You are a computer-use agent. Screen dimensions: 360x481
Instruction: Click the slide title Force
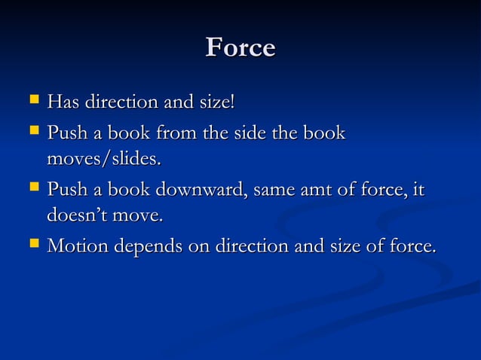click(x=240, y=47)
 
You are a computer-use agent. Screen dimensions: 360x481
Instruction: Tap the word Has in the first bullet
click(x=64, y=100)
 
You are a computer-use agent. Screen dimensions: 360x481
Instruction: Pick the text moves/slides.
click(x=104, y=160)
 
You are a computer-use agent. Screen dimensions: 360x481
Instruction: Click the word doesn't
click(x=76, y=216)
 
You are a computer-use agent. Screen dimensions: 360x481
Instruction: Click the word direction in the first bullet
click(x=124, y=100)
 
